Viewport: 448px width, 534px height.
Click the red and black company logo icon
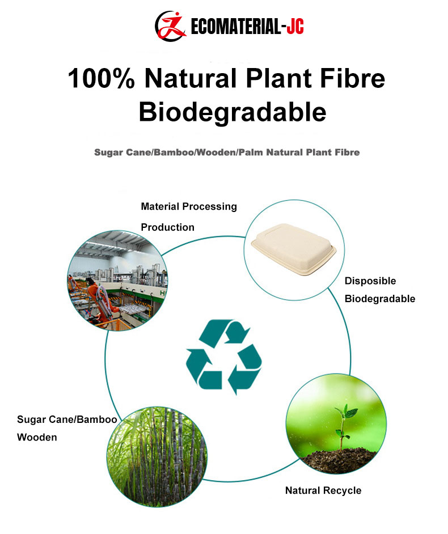click(x=170, y=26)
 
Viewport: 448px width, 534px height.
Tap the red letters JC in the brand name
click(x=295, y=26)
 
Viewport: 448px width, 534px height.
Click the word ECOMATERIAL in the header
click(x=236, y=26)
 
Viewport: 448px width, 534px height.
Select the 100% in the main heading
click(x=101, y=78)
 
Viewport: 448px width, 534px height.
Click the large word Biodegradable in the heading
click(x=233, y=112)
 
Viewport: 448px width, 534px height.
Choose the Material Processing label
click(x=189, y=206)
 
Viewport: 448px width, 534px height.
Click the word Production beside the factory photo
click(x=168, y=227)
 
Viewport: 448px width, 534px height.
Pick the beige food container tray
click(x=294, y=248)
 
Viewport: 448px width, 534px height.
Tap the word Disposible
click(x=370, y=281)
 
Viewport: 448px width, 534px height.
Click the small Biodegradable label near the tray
click(x=380, y=299)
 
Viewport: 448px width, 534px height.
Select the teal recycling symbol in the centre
click(x=224, y=356)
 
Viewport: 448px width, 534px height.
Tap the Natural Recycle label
click(x=323, y=490)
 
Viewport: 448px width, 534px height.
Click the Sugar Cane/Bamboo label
click(x=67, y=419)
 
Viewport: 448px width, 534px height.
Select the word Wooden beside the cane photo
click(x=37, y=437)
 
